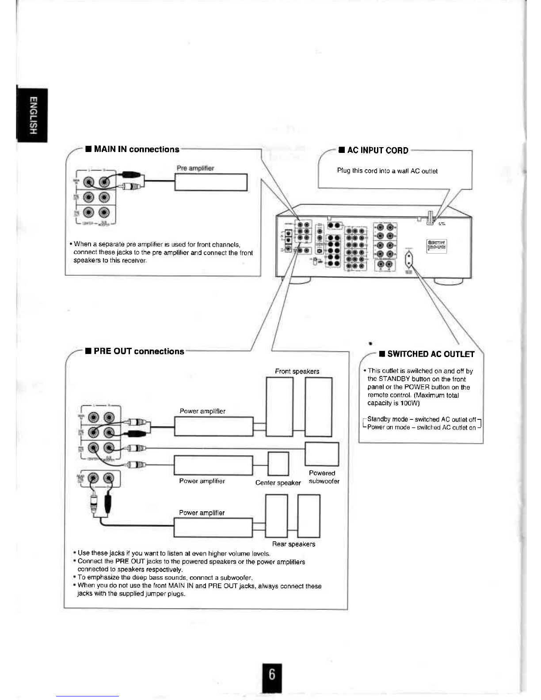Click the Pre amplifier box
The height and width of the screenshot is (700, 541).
(210, 182)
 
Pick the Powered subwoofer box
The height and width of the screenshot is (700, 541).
(322, 453)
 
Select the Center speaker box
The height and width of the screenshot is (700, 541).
(278, 464)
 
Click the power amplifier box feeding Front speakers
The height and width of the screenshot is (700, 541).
(213, 426)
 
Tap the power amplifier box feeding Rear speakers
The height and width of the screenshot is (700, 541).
(213, 527)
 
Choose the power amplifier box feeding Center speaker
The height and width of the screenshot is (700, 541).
(213, 465)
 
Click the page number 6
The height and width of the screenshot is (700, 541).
(271, 675)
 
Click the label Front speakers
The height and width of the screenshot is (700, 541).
(297, 371)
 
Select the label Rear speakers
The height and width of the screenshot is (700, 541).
(293, 544)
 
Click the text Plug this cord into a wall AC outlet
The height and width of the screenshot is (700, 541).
(387, 171)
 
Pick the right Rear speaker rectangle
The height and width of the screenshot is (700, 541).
(309, 516)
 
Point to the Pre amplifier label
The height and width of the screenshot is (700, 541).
(195, 168)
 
